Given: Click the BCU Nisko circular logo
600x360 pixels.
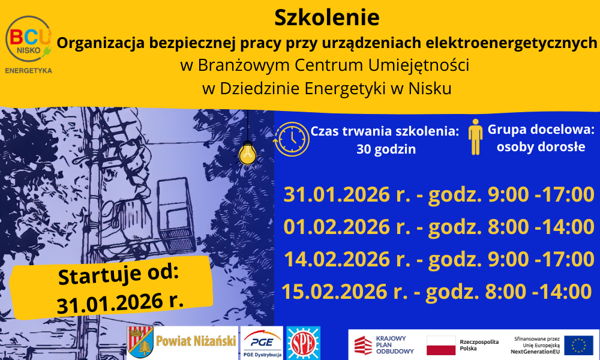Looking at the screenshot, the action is (x=28, y=39).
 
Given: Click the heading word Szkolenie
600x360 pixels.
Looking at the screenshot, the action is (x=327, y=17).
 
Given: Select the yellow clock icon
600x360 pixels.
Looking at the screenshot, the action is (x=292, y=139).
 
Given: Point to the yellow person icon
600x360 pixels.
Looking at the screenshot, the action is (x=475, y=137).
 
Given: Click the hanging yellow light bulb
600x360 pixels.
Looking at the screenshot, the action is (x=248, y=154).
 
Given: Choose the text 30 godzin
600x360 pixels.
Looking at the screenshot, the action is (x=386, y=149).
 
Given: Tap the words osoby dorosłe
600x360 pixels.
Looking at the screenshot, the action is (x=541, y=146).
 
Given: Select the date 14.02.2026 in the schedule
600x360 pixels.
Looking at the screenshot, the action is (x=337, y=259).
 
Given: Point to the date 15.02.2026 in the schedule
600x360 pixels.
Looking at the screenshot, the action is (x=334, y=292).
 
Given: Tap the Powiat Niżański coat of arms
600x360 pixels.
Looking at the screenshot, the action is (x=140, y=342).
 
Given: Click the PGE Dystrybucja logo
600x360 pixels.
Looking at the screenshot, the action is (x=262, y=343).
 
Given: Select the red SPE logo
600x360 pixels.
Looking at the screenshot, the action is (x=303, y=343).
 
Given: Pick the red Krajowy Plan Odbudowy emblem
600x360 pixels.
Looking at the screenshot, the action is (x=363, y=345).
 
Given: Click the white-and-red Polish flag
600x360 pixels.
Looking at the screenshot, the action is (x=441, y=345).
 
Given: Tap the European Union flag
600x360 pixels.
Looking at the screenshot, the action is (x=578, y=345).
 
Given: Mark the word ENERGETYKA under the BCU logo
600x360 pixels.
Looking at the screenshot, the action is (x=28, y=70).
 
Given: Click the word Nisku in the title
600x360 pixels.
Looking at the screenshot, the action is (x=430, y=88).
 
